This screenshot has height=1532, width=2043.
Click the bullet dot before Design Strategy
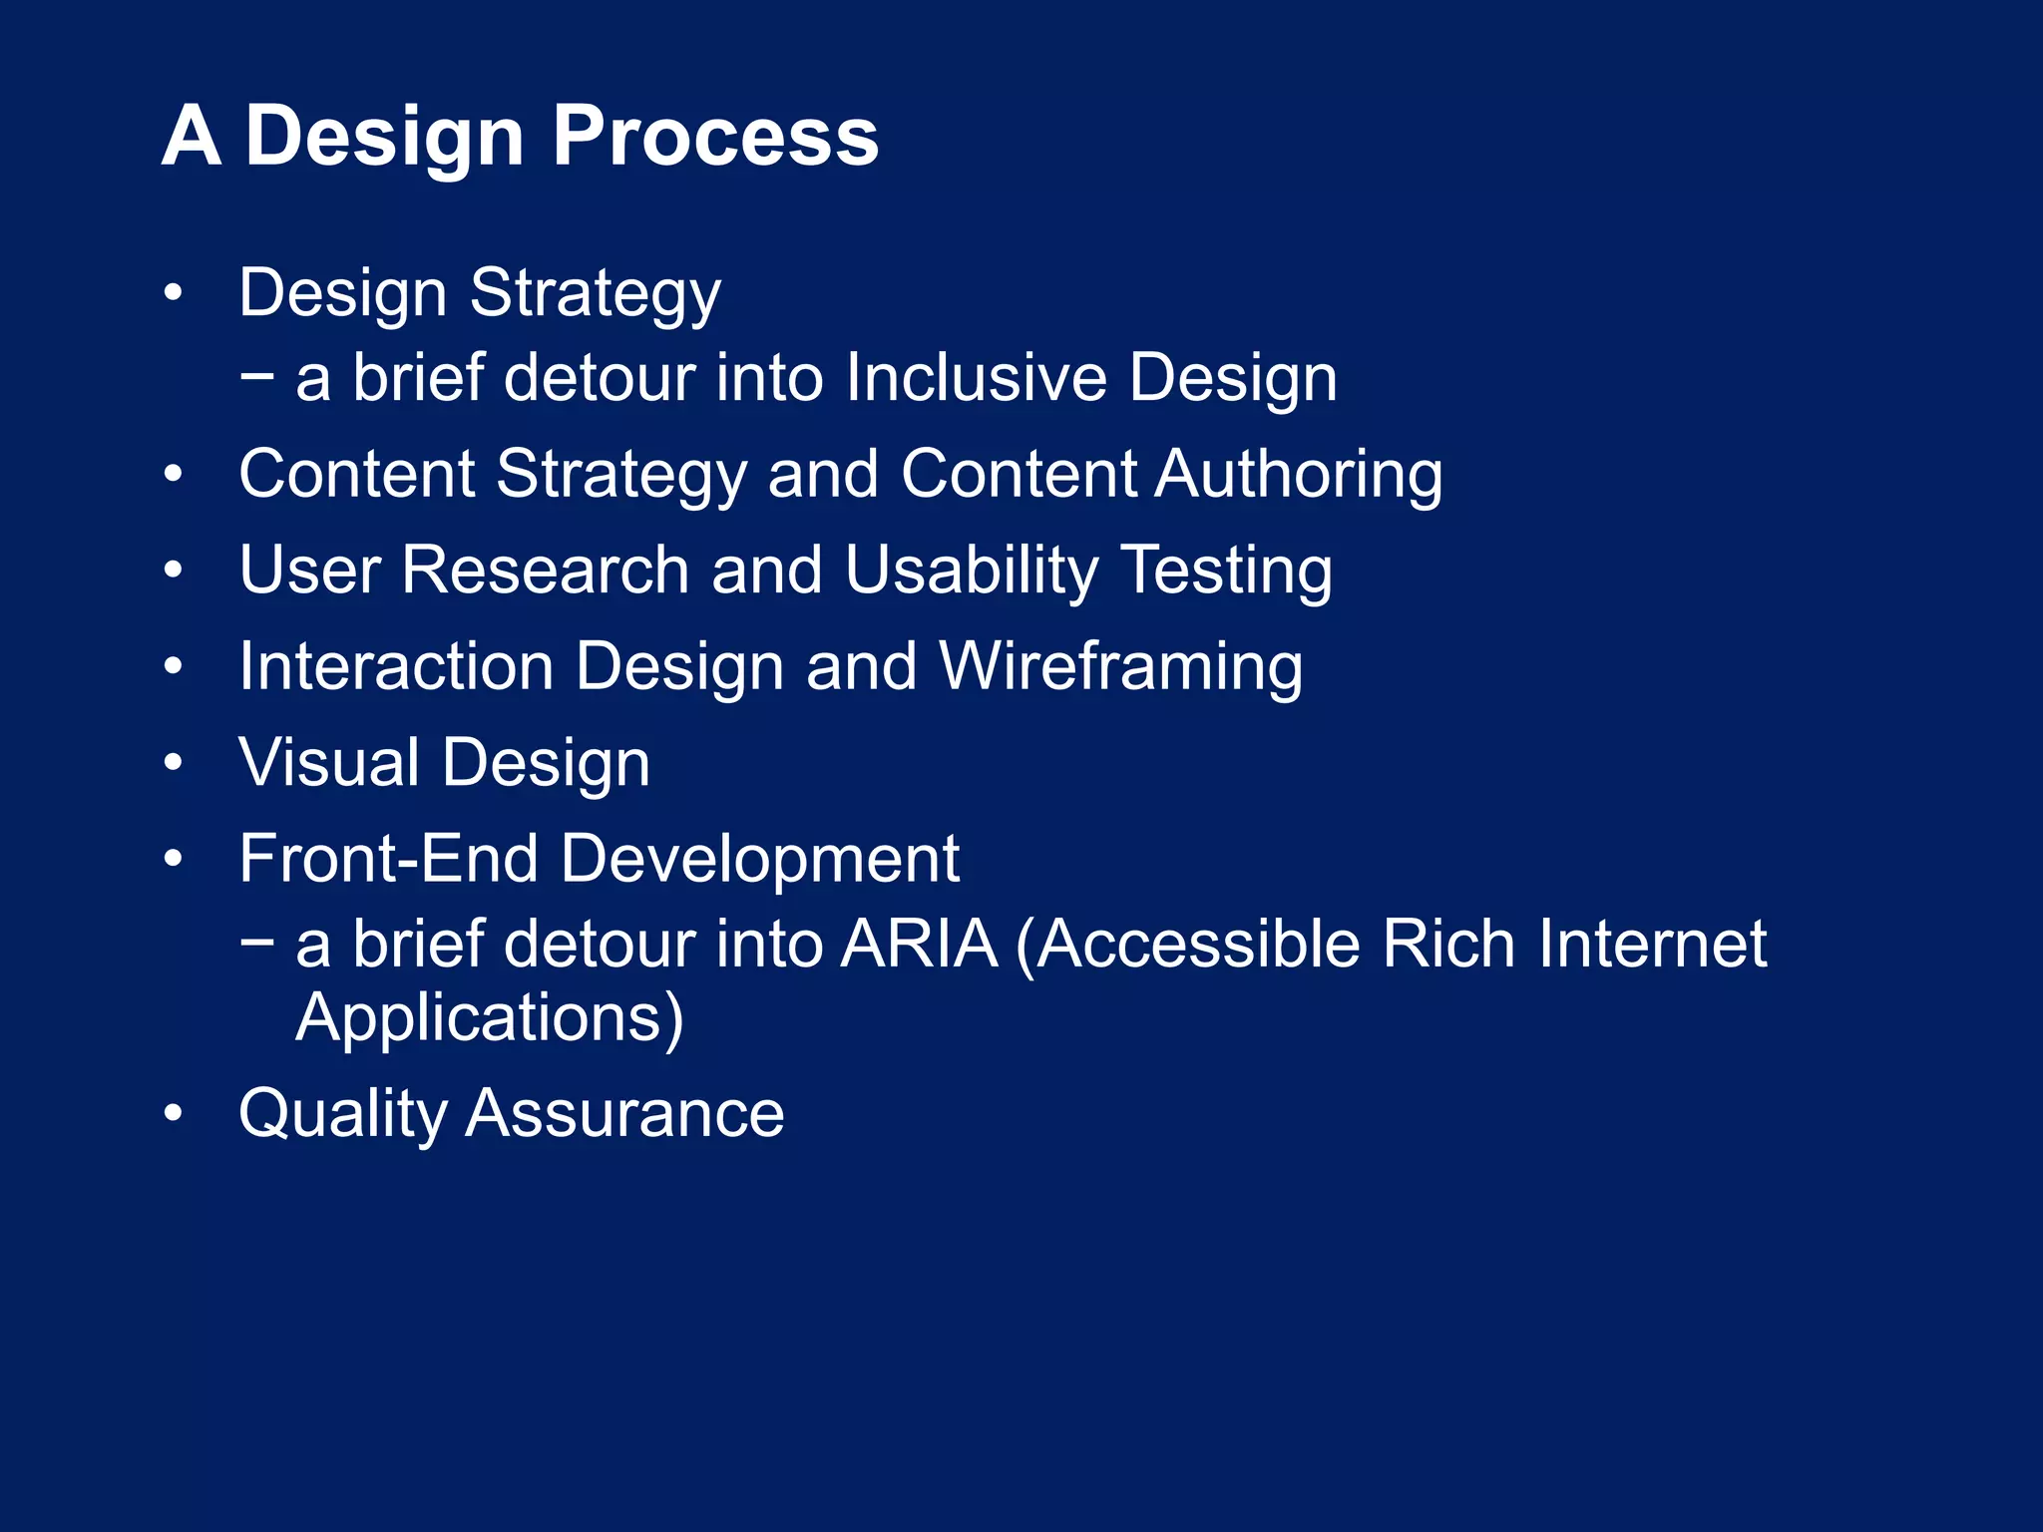174,293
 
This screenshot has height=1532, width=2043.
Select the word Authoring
1298,474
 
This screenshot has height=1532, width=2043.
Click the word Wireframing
1120,666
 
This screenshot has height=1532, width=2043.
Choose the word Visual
328,762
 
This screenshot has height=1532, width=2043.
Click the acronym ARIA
918,944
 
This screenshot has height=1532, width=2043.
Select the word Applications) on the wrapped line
490,1017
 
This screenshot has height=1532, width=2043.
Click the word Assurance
624,1114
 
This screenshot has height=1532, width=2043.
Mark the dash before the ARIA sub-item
256,940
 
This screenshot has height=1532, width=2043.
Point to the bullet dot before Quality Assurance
174,1113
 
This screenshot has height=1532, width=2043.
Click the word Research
545,571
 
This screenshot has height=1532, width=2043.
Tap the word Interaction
395,666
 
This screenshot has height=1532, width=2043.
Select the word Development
759,859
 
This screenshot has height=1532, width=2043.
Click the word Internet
1651,944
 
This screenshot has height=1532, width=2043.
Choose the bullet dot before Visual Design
174,763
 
